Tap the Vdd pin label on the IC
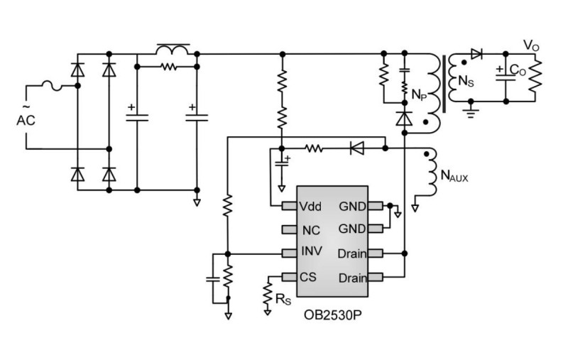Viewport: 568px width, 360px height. [x=311, y=206]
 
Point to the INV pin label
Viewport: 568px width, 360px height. [x=310, y=253]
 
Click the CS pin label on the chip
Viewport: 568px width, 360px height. [x=308, y=276]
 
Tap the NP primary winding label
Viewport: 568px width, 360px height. [x=419, y=92]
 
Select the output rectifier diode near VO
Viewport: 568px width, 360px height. [x=477, y=54]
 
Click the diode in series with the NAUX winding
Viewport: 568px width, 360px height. [x=357, y=148]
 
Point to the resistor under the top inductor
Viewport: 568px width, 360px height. [x=168, y=68]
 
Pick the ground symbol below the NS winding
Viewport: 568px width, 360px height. [x=469, y=111]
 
